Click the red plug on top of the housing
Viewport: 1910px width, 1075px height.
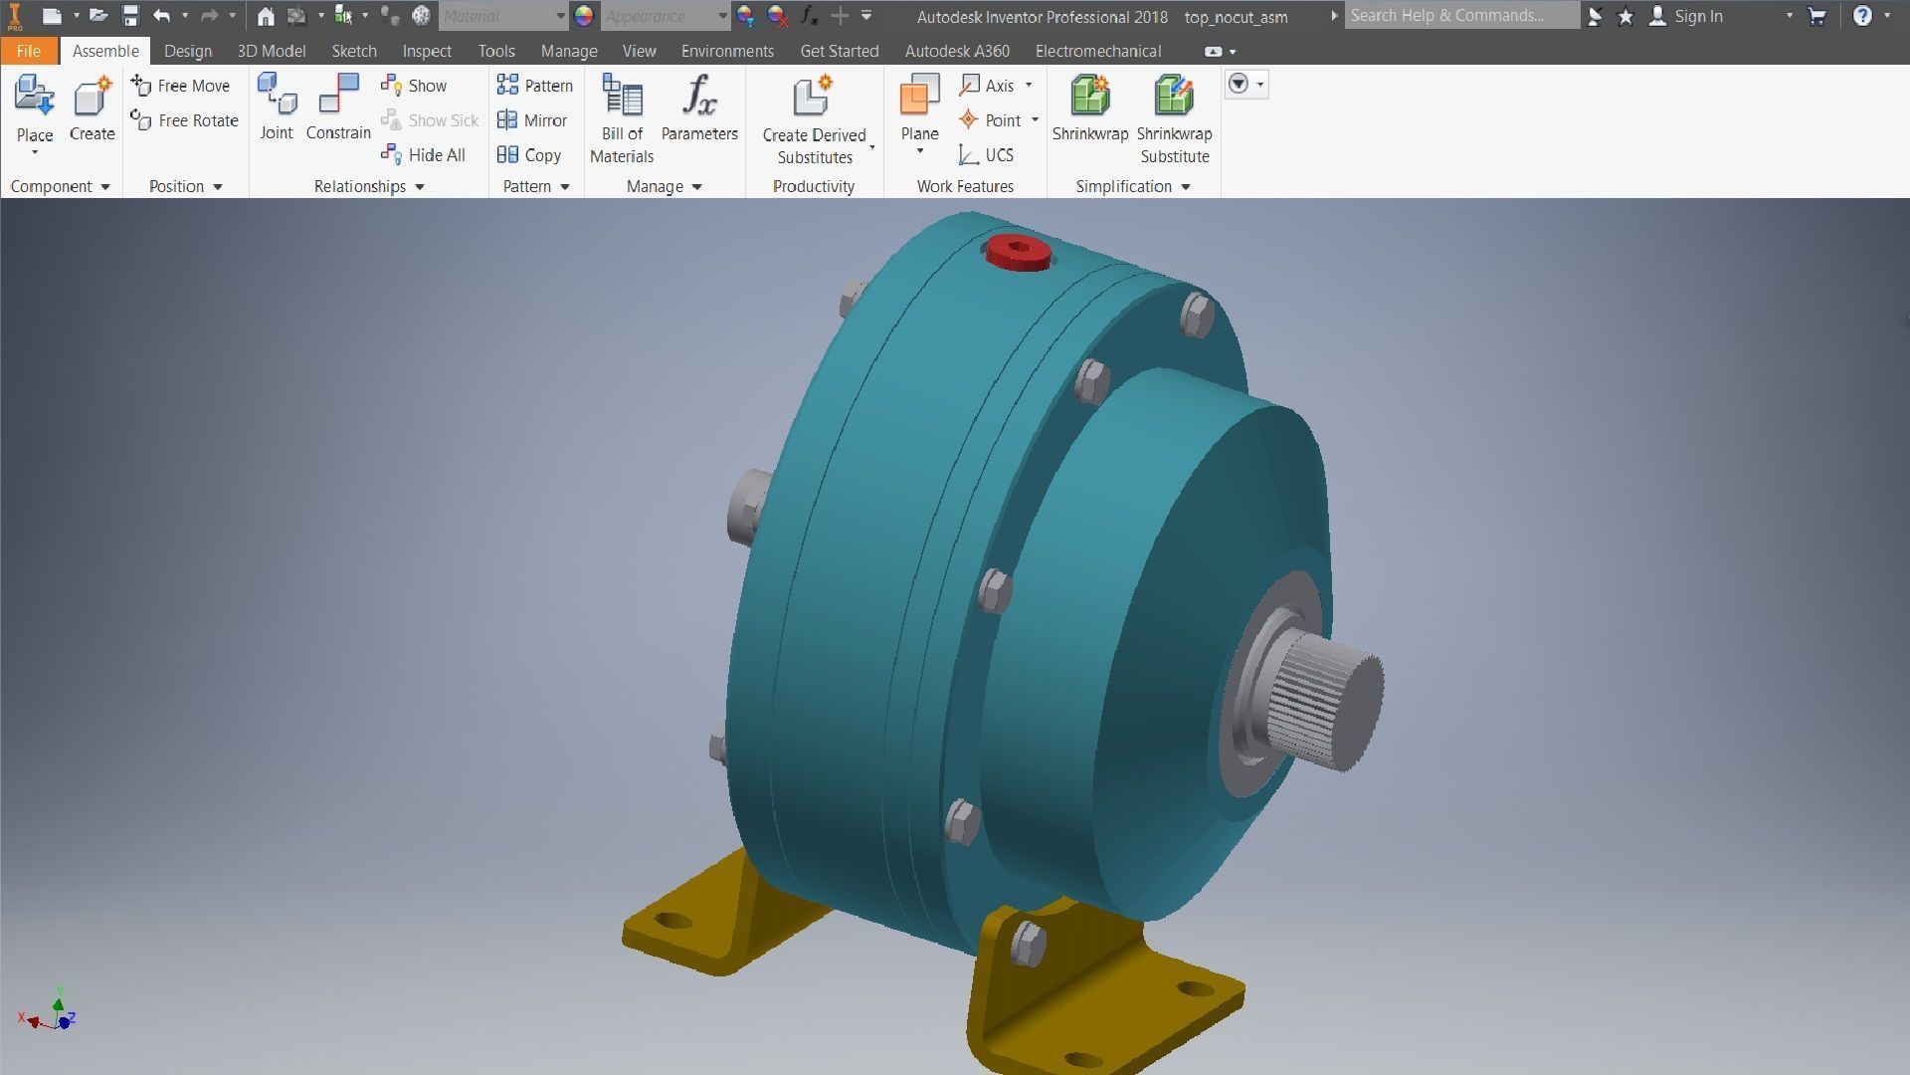[x=1018, y=252]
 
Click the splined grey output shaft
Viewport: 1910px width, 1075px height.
[x=1328, y=700]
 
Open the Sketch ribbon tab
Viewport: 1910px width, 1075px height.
[x=353, y=51]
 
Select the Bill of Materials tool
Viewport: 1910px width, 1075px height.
[x=622, y=117]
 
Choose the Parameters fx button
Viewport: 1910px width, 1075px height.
[x=699, y=107]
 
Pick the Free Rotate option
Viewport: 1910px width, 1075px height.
[x=185, y=120]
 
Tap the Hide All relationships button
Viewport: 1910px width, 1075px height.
[x=424, y=155]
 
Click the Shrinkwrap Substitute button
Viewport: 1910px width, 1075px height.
[x=1174, y=117]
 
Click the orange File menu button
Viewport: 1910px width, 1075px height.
[x=29, y=51]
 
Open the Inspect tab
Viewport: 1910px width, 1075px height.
[x=427, y=51]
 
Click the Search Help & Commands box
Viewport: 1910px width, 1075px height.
[x=1460, y=16]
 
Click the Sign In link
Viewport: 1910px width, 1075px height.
[x=1697, y=16]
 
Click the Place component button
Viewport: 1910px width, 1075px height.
[x=35, y=109]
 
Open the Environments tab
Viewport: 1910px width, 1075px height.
[x=727, y=51]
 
